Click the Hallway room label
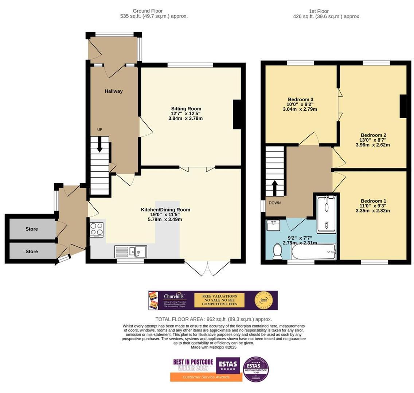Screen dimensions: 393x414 click(114, 91)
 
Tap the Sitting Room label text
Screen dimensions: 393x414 click(186, 109)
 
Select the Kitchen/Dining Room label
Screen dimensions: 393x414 click(165, 210)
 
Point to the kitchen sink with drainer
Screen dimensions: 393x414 click(131, 251)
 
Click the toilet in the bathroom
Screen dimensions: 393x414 click(278, 251)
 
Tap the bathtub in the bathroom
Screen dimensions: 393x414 click(313, 251)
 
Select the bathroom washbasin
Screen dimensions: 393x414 click(273, 226)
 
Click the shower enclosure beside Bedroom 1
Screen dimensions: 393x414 click(327, 214)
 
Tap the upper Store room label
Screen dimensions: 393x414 click(32, 229)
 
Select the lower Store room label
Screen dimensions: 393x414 click(32, 251)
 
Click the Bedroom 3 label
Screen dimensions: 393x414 click(301, 100)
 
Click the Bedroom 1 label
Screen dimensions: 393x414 click(373, 201)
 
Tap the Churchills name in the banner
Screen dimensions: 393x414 click(175, 297)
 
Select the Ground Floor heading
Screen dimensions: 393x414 click(148, 11)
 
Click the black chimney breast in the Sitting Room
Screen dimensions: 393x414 click(237, 114)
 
